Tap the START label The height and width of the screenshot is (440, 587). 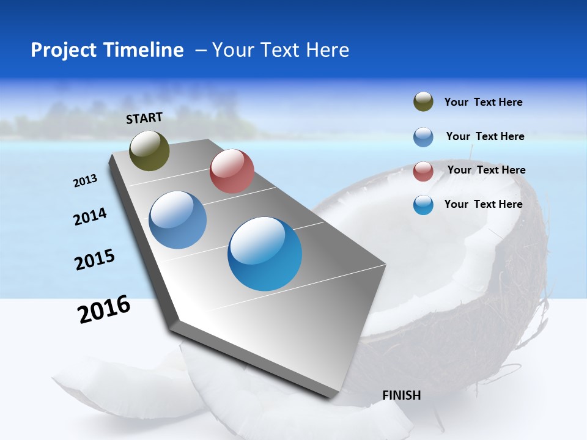[x=144, y=118]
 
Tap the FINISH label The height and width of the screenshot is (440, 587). [x=402, y=395]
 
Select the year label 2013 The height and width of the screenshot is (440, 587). [x=86, y=181]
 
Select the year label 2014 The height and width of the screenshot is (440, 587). [x=90, y=216]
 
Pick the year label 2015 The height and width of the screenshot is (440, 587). [x=95, y=260]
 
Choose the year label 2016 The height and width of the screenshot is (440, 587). [x=104, y=309]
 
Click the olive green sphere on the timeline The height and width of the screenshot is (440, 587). [x=150, y=150]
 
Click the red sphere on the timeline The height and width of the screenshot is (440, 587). [x=232, y=171]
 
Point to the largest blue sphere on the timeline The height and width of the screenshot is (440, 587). [x=265, y=254]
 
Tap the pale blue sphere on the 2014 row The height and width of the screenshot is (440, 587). [x=177, y=220]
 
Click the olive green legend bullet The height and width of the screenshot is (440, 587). [x=423, y=102]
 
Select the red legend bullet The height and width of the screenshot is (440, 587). [x=423, y=171]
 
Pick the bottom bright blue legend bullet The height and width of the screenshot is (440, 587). [x=423, y=205]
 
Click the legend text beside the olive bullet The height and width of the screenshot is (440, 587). [x=483, y=103]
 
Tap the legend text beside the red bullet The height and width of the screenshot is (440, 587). [x=486, y=170]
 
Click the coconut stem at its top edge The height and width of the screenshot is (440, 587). [x=471, y=149]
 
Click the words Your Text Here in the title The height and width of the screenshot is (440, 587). [x=281, y=50]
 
